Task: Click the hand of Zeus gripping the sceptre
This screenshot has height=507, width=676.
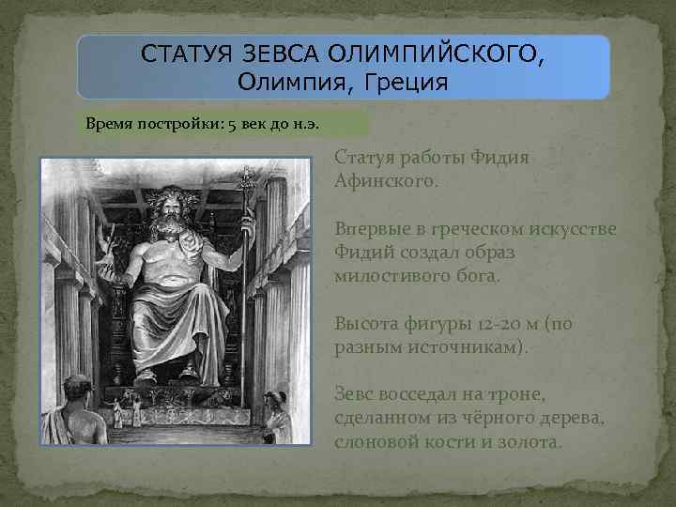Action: (x=248, y=223)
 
